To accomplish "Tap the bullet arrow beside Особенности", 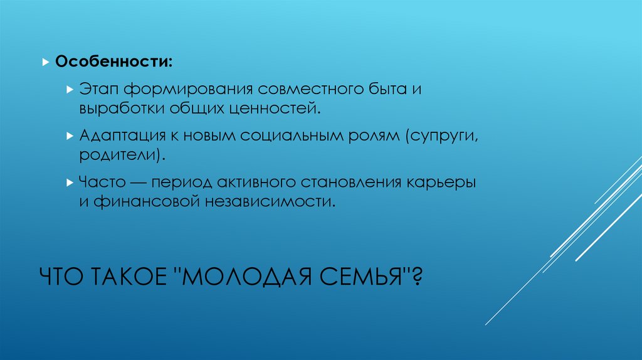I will click(45, 63).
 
